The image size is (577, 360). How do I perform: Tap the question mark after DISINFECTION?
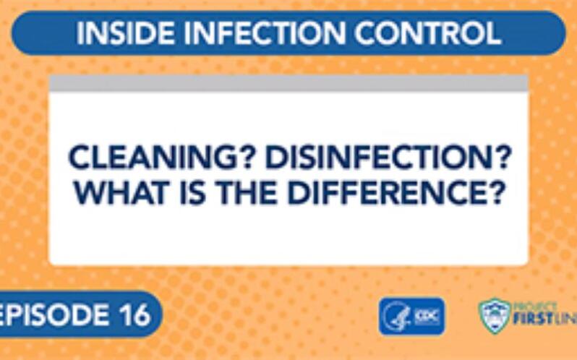[x=492, y=158]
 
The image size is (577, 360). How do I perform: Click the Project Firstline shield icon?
[x=494, y=316]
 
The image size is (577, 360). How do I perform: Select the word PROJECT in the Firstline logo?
[x=537, y=307]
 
